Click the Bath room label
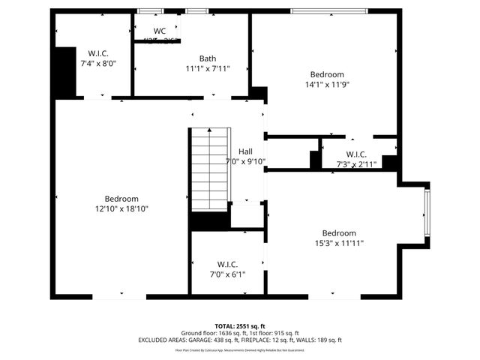(x=208, y=58)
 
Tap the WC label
(x=159, y=31)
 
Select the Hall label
(x=245, y=151)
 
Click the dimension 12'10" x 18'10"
(x=121, y=209)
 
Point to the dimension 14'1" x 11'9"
(x=327, y=85)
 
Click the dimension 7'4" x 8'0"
(x=98, y=64)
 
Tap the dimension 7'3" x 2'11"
(x=355, y=163)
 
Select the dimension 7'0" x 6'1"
(x=227, y=274)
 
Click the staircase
(x=208, y=170)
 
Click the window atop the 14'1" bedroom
(x=328, y=11)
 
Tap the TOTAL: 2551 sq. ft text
(x=240, y=326)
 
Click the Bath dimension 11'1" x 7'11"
(x=208, y=68)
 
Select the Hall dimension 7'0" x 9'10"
(x=245, y=161)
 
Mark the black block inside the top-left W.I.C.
(x=66, y=71)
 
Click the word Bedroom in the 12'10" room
(x=121, y=199)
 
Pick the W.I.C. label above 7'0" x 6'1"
(x=227, y=264)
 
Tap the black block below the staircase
(x=209, y=221)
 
